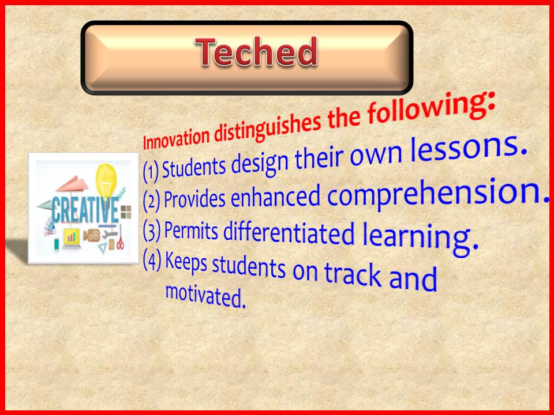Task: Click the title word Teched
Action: tap(256, 52)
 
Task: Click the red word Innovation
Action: tap(177, 138)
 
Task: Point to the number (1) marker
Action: tap(151, 172)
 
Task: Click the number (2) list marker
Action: tap(152, 201)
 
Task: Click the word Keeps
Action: tap(186, 262)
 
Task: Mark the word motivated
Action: tap(205, 296)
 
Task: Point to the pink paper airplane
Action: tap(73, 184)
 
